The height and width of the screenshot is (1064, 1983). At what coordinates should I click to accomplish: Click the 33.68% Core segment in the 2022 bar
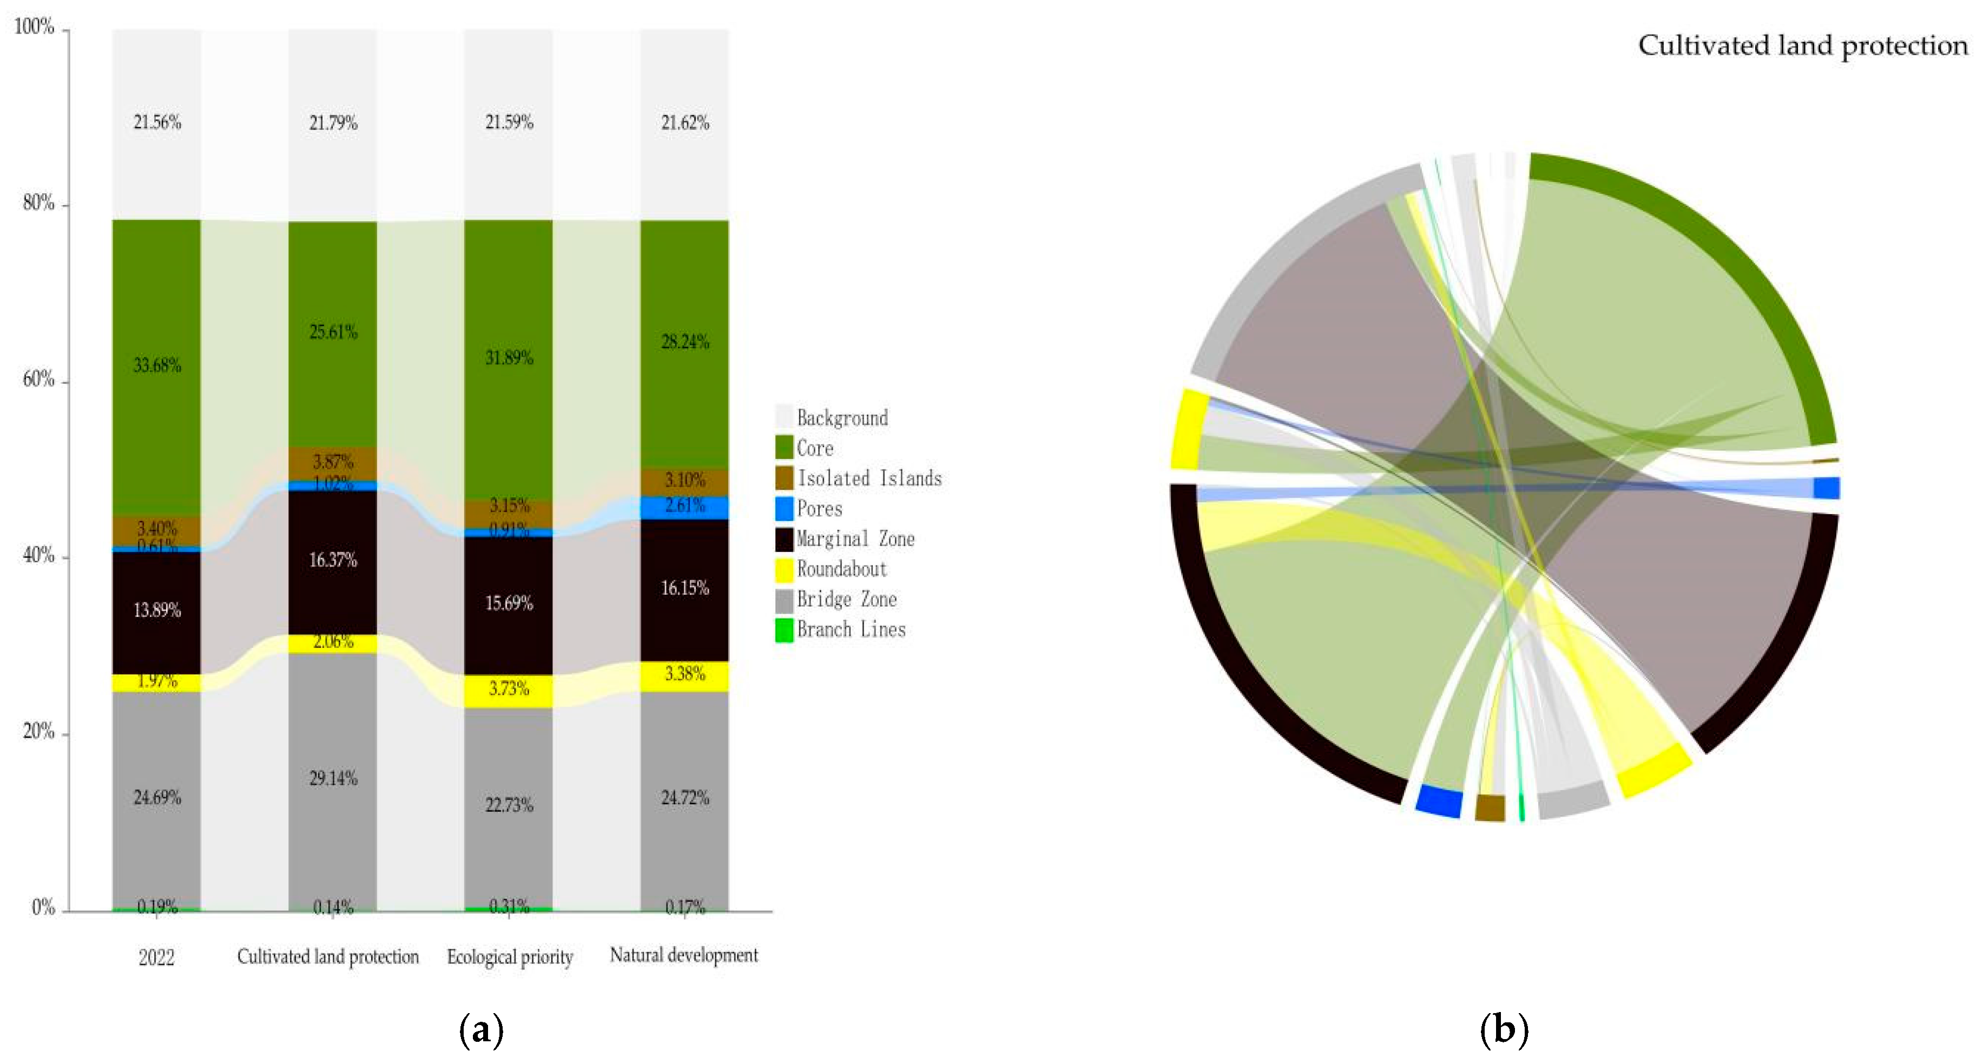click(156, 366)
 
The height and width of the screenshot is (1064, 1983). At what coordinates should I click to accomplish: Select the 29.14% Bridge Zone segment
click(333, 778)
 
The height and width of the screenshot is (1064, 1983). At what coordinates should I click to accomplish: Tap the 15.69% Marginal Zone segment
click(508, 603)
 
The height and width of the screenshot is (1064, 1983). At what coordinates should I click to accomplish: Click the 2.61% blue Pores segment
click(684, 507)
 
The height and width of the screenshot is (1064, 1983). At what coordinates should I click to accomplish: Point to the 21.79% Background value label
click(333, 123)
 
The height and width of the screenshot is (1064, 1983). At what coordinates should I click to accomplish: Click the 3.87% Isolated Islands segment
click(333, 463)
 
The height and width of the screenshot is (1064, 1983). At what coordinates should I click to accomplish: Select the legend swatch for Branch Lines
click(783, 630)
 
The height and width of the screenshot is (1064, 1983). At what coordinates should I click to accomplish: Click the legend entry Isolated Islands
click(868, 478)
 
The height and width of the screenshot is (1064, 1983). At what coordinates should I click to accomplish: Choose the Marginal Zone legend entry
click(854, 539)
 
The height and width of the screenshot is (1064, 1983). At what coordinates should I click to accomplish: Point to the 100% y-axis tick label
click(35, 27)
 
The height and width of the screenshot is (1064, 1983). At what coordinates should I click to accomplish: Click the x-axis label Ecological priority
click(510, 957)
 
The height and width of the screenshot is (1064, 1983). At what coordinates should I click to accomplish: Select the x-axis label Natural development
click(683, 955)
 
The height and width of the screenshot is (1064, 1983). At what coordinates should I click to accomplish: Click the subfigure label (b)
click(1504, 1029)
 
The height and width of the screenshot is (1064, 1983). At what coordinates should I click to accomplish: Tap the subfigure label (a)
click(481, 1029)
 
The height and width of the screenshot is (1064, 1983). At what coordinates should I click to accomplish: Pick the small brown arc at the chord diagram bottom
click(1490, 809)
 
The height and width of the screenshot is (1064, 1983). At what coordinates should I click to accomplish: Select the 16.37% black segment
click(333, 561)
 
